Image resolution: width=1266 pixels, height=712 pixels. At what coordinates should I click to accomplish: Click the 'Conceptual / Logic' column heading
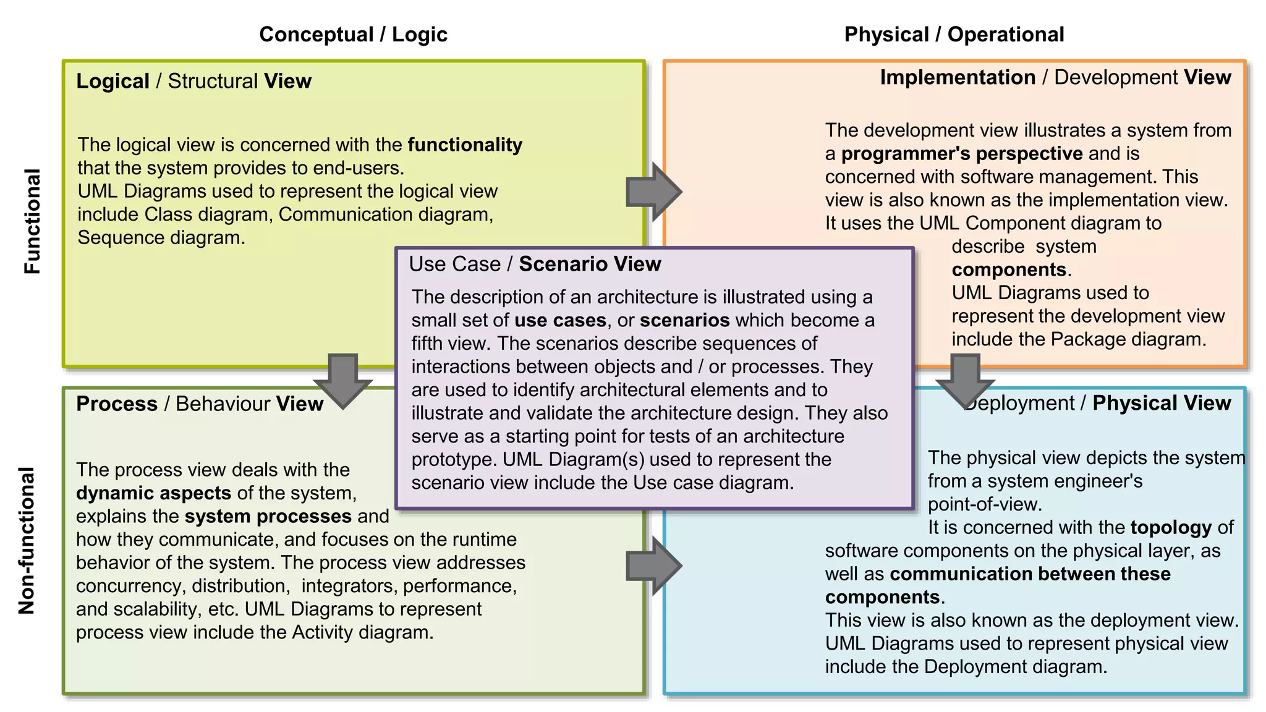pyautogui.click(x=353, y=35)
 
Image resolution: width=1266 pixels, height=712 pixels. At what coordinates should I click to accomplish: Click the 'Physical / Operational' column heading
pyautogui.click(x=954, y=35)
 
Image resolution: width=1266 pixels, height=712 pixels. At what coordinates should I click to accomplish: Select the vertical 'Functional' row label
pyautogui.click(x=32, y=221)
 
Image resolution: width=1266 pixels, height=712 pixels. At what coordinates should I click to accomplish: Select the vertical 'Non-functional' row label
pyautogui.click(x=27, y=541)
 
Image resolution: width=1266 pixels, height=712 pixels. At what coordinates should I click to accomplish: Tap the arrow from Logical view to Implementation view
pyautogui.click(x=653, y=192)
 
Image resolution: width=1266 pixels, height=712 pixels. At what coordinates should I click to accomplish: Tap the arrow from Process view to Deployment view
pyautogui.click(x=653, y=566)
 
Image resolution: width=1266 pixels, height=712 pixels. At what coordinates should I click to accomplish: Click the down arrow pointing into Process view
pyautogui.click(x=343, y=380)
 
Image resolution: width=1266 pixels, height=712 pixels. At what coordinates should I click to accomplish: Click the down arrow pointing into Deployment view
pyautogui.click(x=965, y=380)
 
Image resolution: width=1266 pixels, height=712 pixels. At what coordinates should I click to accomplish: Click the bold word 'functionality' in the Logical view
pyautogui.click(x=465, y=145)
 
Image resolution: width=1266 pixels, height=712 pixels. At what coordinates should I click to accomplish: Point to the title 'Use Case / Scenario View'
pyautogui.click(x=535, y=264)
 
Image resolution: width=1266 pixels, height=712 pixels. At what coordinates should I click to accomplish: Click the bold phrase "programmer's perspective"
pyautogui.click(x=962, y=153)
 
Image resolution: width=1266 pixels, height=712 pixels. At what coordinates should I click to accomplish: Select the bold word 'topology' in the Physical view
pyautogui.click(x=1171, y=527)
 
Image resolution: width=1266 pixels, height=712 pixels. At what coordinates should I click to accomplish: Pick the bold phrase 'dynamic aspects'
pyautogui.click(x=153, y=493)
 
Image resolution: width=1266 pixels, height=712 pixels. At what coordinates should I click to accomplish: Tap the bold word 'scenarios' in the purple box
pyautogui.click(x=684, y=320)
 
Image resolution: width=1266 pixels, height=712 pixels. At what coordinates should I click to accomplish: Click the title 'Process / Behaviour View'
pyautogui.click(x=200, y=404)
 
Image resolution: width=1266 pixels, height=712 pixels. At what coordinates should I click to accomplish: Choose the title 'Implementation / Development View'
pyautogui.click(x=1055, y=77)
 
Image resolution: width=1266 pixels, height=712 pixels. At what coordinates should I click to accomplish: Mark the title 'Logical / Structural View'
pyautogui.click(x=193, y=81)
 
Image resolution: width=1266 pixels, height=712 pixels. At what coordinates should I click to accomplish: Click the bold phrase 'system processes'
pyautogui.click(x=268, y=516)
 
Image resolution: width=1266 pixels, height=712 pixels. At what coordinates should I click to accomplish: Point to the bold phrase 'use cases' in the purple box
pyautogui.click(x=560, y=320)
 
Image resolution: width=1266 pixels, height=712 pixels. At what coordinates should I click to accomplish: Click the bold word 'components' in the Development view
pyautogui.click(x=1009, y=269)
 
